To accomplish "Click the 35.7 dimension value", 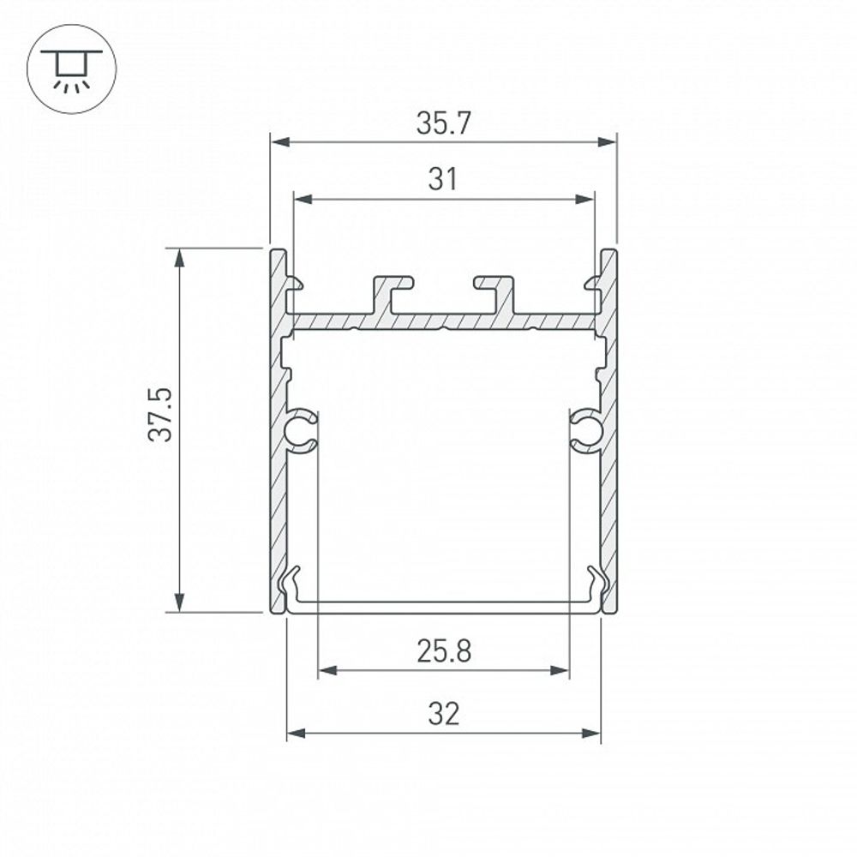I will pos(443,124).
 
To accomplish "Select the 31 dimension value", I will pos(443,180).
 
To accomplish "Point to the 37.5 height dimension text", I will pos(160,414).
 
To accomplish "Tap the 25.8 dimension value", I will pos(444,652).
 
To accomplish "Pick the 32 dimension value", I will pos(443,713).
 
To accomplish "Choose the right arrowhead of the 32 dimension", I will pos(592,733).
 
